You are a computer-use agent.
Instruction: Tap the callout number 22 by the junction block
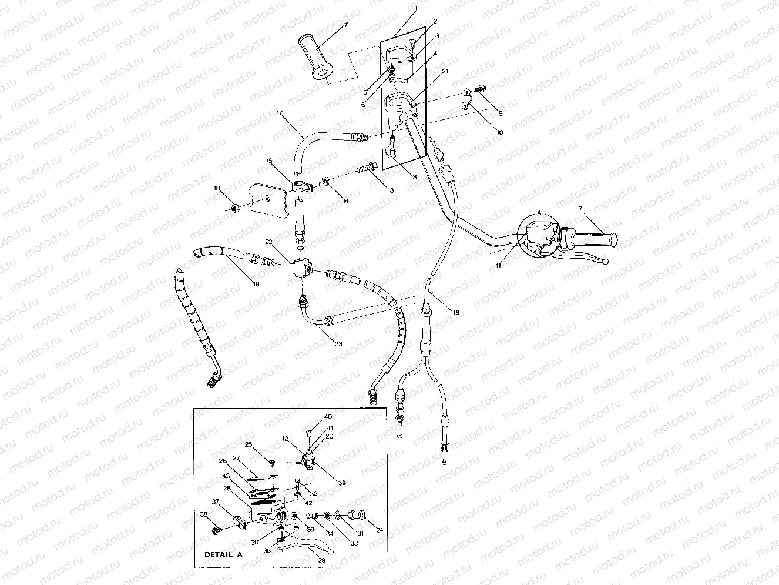tap(268, 242)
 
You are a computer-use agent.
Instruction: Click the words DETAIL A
tap(223, 554)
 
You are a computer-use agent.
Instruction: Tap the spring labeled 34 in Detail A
tap(312, 516)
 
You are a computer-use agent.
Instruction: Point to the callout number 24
tap(379, 530)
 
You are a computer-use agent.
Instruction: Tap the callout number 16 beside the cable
tap(456, 313)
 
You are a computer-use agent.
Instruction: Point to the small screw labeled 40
tap(308, 434)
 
